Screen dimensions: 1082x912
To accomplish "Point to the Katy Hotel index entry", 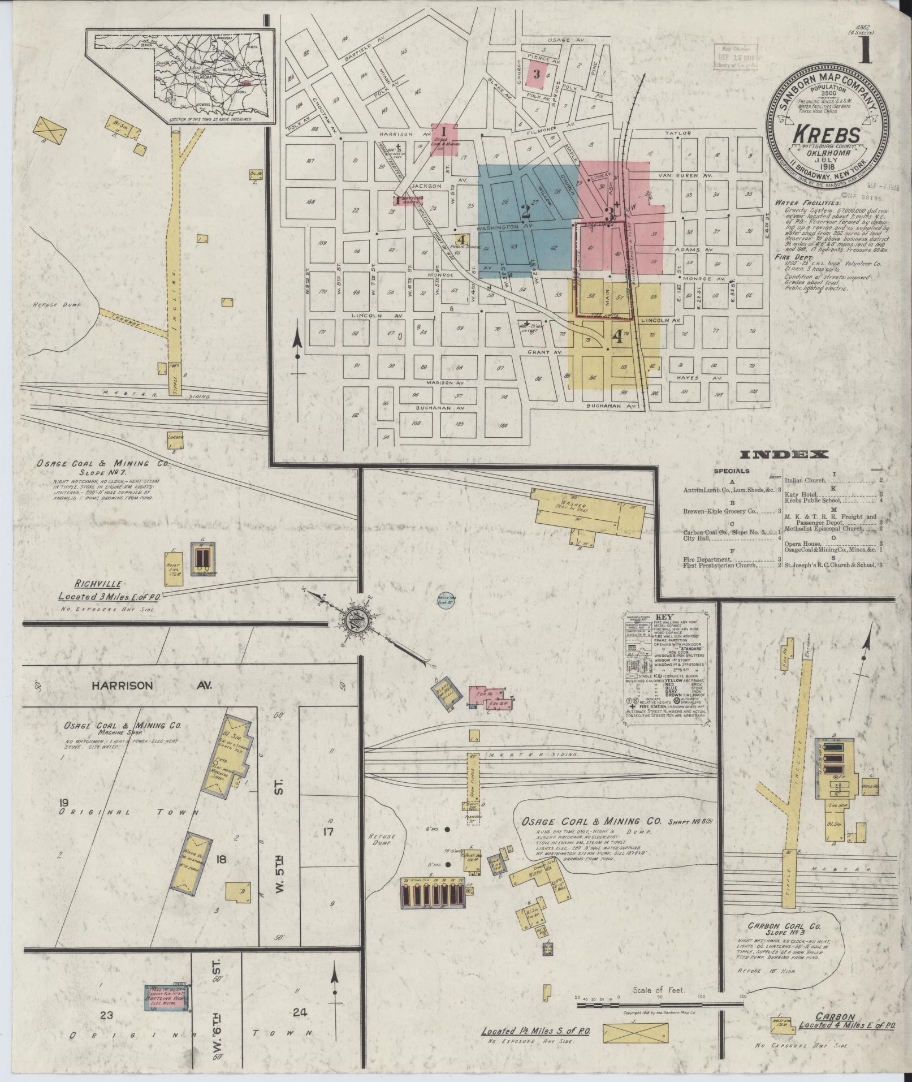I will (801, 494).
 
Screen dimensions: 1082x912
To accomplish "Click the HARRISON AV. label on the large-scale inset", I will (152, 685).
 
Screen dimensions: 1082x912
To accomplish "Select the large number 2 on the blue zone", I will (525, 212).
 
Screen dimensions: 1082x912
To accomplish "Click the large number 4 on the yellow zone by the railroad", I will (617, 338).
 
